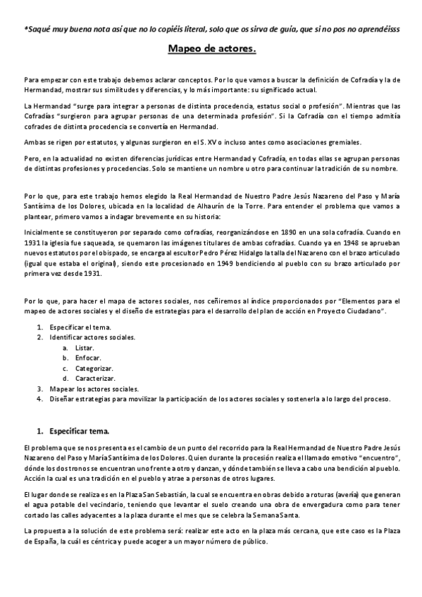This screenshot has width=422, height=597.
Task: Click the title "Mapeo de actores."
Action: tap(211, 49)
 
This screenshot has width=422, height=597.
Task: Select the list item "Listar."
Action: tap(84, 348)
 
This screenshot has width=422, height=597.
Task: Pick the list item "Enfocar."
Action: tap(86, 358)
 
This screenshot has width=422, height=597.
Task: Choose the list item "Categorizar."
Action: tap(94, 368)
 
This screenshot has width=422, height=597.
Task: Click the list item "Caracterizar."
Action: tap(94, 378)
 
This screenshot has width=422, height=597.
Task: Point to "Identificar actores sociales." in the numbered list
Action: tap(92, 337)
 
